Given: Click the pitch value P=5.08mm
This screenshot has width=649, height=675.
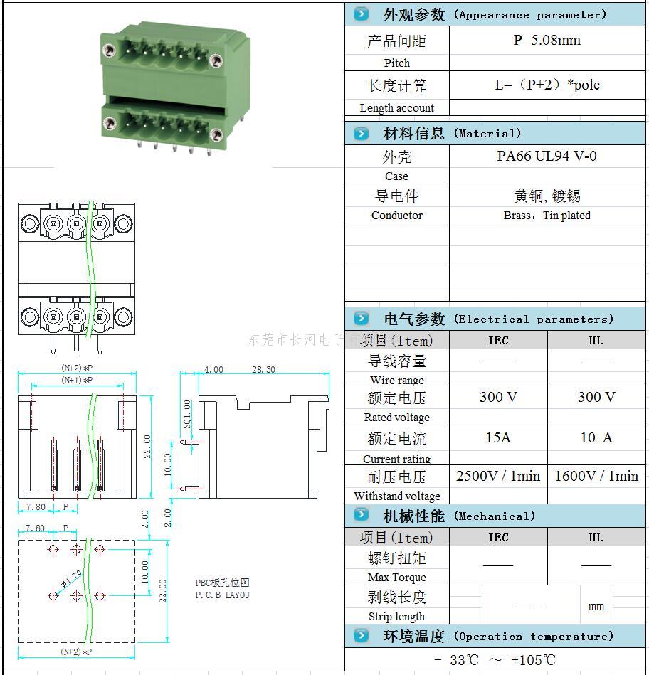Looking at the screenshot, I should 547,41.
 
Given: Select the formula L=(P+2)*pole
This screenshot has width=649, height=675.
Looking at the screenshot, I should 547,85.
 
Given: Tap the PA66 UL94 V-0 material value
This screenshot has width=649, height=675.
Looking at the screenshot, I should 547,156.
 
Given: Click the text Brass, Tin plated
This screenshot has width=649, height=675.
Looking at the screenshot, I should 547,215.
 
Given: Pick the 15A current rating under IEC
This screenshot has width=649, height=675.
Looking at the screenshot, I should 498,437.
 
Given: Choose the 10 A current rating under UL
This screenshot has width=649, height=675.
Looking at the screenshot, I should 596,437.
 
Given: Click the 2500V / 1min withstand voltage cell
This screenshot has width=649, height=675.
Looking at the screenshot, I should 498,476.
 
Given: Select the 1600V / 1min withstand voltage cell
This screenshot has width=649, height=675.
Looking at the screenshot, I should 596,476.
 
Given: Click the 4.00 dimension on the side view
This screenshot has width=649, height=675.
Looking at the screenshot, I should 213,369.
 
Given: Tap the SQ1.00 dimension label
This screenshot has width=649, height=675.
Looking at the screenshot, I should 187,413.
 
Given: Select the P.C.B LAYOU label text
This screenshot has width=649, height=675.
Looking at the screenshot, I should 223,595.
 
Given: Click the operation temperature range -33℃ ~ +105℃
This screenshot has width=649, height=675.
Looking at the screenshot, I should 495,660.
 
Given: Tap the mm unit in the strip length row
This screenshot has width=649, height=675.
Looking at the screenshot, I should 596,606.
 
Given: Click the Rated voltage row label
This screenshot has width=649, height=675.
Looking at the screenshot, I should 396,418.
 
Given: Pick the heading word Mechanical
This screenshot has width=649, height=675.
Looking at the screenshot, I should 494,516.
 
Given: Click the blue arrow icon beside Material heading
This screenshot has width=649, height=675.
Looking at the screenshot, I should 362,133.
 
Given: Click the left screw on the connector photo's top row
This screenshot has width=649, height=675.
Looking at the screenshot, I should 109,51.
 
